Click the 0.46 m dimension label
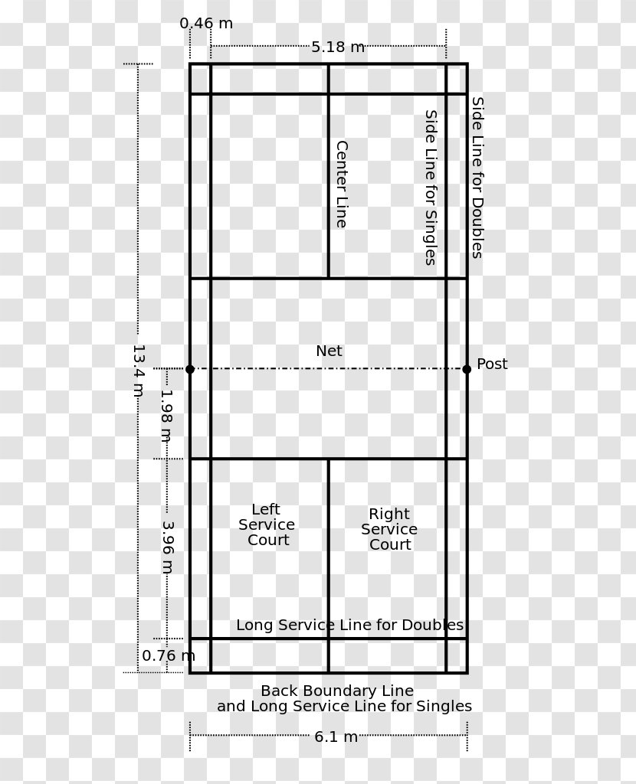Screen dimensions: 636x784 (x=206, y=24)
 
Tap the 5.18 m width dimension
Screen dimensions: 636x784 (x=338, y=47)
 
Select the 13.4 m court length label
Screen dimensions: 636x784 (x=139, y=371)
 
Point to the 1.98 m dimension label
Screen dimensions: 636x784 (x=166, y=416)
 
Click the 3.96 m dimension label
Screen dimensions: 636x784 (x=168, y=547)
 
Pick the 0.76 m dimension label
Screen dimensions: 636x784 (x=169, y=655)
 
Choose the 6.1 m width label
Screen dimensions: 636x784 (x=336, y=737)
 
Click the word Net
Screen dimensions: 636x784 (x=329, y=351)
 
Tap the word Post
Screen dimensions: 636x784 (x=492, y=364)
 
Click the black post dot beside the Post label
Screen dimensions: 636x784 (x=467, y=370)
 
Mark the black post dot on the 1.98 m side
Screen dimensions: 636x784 (x=189, y=370)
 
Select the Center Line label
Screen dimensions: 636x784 (x=342, y=184)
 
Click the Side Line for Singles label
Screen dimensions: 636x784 (x=431, y=188)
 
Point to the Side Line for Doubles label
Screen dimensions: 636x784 (x=478, y=178)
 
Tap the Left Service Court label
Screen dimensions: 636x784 (x=267, y=524)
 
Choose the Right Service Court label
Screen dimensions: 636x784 (x=389, y=529)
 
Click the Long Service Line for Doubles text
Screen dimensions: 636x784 (x=349, y=625)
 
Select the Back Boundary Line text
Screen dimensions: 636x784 (x=337, y=691)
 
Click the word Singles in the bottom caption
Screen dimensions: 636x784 (x=444, y=707)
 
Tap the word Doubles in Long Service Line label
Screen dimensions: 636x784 (x=432, y=625)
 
